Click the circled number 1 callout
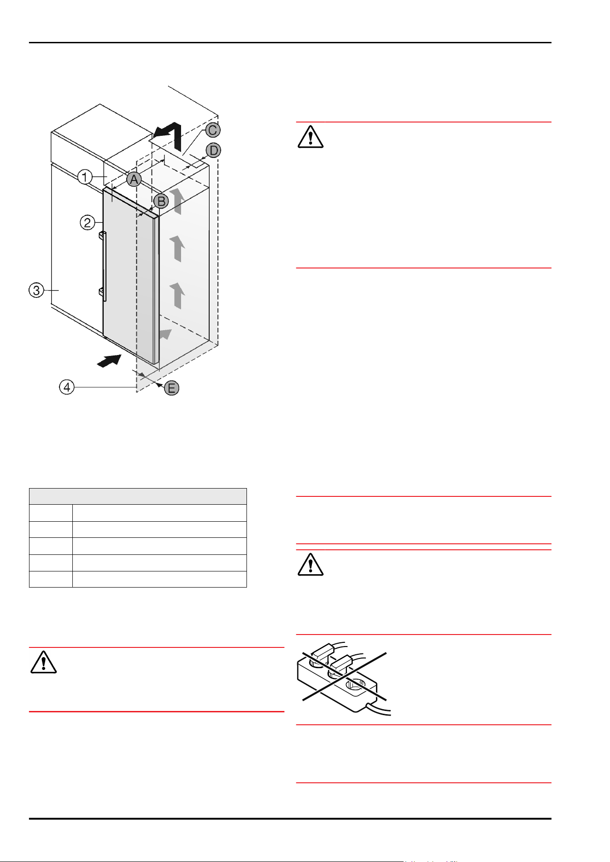[85, 177]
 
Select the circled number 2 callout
[88, 223]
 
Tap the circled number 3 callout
[36, 291]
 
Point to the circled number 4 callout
[67, 387]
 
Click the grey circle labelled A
[134, 179]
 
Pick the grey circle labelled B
[161, 201]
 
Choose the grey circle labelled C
[212, 130]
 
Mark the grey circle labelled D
[213, 150]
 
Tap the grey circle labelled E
[171, 388]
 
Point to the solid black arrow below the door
[110, 361]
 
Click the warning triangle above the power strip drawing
[311, 565]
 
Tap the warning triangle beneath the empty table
[43, 663]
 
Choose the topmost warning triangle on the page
[311, 137]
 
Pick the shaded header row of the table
[138, 496]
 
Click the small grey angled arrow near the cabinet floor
[165, 334]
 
